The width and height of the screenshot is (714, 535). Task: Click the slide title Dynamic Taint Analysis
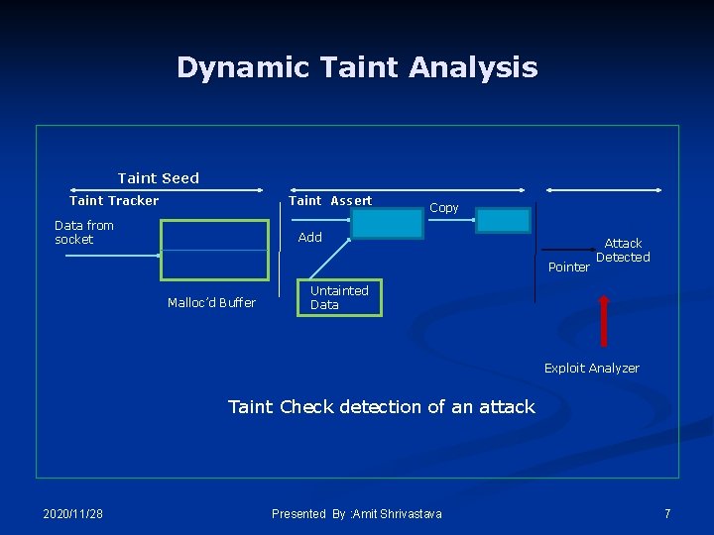[x=357, y=67]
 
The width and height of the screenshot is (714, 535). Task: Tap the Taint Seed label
[x=159, y=178]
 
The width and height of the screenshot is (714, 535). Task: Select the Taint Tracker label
[x=114, y=201]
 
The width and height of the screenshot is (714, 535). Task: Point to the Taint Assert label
[x=330, y=201]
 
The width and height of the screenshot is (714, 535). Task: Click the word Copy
[x=443, y=208]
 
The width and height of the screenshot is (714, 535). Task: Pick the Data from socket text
[x=84, y=233]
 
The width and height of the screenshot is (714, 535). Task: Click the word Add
[x=310, y=238]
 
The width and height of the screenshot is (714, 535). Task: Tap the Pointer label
[x=568, y=267]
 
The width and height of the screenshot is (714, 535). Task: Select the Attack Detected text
[x=623, y=251]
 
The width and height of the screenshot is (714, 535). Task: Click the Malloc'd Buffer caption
[x=211, y=303]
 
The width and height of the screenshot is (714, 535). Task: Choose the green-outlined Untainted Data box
[x=339, y=298]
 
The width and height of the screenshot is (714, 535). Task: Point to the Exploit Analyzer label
[x=592, y=369]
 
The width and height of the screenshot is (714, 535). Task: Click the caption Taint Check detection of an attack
[x=382, y=407]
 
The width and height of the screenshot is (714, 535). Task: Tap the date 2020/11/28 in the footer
[x=73, y=513]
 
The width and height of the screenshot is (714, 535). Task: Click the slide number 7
[x=667, y=513]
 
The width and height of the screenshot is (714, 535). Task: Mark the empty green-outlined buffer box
[x=214, y=251]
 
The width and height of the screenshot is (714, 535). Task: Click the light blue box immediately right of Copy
[x=503, y=221]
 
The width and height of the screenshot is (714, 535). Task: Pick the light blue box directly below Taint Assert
[x=387, y=224]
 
